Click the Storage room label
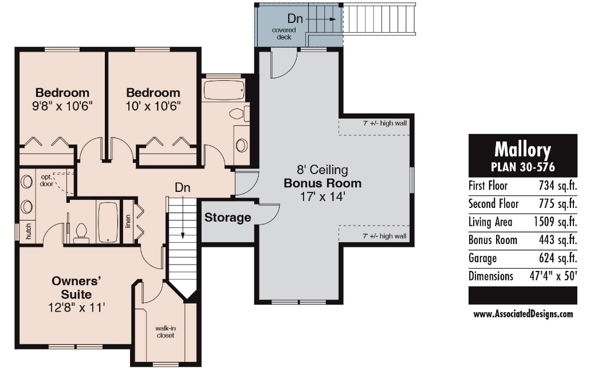pos(227,218)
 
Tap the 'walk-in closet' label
pos(166,332)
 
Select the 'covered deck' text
pos(284,33)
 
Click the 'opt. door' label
pos(46,180)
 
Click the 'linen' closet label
pos(128,222)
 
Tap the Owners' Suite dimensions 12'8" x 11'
pos(77,308)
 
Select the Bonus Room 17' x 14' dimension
pos(322,196)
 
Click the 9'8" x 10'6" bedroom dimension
pos(62,106)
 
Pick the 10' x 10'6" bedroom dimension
pos(153,106)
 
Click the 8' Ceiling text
pos(322,170)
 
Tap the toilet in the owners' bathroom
pos(81,233)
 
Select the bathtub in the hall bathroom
pos(224,90)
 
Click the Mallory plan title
pos(522,149)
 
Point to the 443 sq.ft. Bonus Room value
pos(558,240)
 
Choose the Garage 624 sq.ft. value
pos(558,258)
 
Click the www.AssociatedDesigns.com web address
pos(523,314)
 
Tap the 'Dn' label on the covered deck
pos(295,18)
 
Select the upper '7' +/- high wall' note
pos(385,123)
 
